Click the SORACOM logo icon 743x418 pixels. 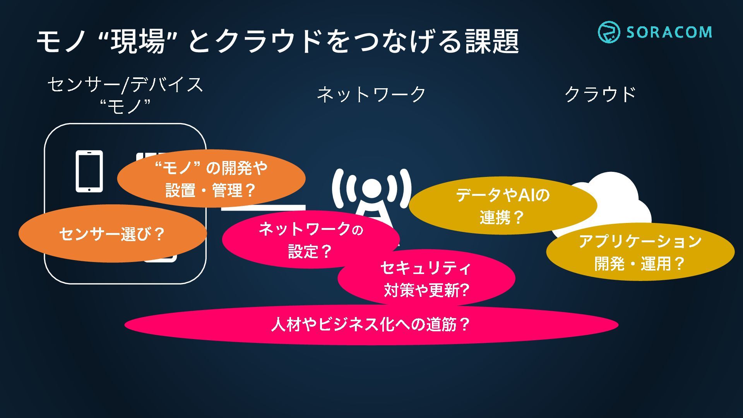[x=609, y=32]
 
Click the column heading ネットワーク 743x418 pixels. [x=371, y=94]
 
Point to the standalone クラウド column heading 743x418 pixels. [x=600, y=94]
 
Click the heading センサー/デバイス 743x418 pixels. [x=125, y=84]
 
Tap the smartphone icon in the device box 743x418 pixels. [x=89, y=171]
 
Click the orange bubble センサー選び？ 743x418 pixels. [x=112, y=234]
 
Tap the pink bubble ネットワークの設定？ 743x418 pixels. [x=310, y=240]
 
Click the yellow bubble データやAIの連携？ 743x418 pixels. [x=502, y=206]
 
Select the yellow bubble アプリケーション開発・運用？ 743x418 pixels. [x=640, y=252]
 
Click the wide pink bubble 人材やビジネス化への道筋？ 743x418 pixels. [x=371, y=324]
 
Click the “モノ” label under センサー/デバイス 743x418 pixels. [x=125, y=106]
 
